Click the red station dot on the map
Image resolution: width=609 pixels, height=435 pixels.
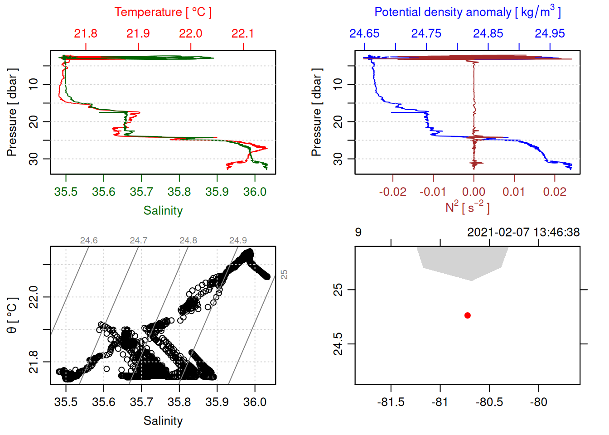pyautogui.click(x=467, y=315)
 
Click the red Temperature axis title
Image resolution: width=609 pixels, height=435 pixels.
pyautogui.click(x=163, y=12)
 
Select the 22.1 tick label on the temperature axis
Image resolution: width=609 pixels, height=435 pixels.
pyautogui.click(x=242, y=34)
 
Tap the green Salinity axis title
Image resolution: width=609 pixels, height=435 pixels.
pyautogui.click(x=163, y=211)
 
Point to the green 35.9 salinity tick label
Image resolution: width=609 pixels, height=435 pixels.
pyautogui.click(x=217, y=192)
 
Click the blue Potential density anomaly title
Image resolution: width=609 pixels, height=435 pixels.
pyautogui.click(x=467, y=12)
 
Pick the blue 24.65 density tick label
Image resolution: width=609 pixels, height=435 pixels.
pyautogui.click(x=364, y=34)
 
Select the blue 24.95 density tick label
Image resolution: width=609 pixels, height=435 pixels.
pyautogui.click(x=550, y=34)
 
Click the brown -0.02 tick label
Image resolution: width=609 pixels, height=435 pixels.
pyautogui.click(x=392, y=192)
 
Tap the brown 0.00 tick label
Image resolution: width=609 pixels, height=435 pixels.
pyautogui.click(x=474, y=192)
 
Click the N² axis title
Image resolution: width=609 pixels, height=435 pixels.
pyautogui.click(x=467, y=207)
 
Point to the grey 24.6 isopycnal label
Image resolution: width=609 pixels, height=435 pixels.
pyautogui.click(x=89, y=241)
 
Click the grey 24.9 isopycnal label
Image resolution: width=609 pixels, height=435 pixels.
pyautogui.click(x=238, y=241)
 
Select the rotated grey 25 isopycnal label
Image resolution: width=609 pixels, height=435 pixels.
pyautogui.click(x=284, y=275)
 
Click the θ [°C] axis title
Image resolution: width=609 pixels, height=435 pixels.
pyautogui.click(x=12, y=315)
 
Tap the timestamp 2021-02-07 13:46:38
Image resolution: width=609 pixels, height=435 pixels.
pyautogui.click(x=523, y=232)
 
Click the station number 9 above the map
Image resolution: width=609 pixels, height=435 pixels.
pyautogui.click(x=358, y=232)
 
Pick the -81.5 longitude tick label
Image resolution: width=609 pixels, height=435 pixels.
pyautogui.click(x=391, y=402)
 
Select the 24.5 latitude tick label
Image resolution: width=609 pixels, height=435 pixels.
pyautogui.click(x=338, y=344)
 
